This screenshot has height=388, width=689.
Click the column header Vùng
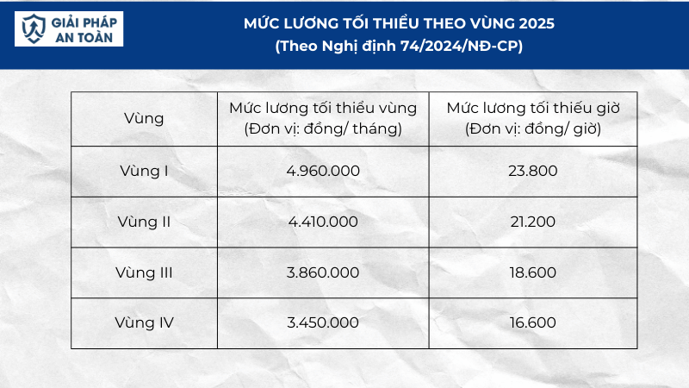coord(144,118)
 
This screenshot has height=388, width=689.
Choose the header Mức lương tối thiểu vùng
coord(323,109)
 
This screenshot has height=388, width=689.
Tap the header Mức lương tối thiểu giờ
coord(534,109)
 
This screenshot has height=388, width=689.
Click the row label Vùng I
coord(144,170)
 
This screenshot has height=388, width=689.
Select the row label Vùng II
coord(144,221)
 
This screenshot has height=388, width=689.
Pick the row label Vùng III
coord(144,272)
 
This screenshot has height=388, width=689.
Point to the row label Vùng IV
coord(144,323)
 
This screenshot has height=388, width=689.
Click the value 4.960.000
coord(323,170)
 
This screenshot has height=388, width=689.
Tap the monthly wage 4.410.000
coord(323,221)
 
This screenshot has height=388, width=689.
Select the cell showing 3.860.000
coord(323,272)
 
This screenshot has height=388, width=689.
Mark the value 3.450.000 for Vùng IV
coord(323,323)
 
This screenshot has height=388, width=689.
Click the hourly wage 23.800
coord(534,170)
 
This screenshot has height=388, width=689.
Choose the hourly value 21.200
coord(534,221)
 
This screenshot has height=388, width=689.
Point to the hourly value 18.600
coord(534,272)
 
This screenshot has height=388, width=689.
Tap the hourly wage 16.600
coord(534,323)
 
